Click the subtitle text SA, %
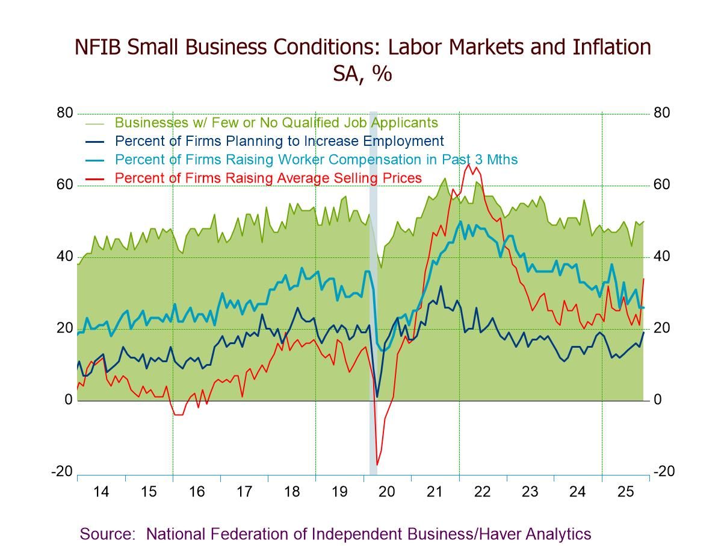pyautogui.click(x=362, y=74)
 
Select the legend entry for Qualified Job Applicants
pyautogui.click(x=276, y=122)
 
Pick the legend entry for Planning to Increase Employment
pyautogui.click(x=279, y=141)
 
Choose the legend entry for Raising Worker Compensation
pyautogui.click(x=316, y=160)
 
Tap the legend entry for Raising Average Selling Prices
pyautogui.click(x=268, y=178)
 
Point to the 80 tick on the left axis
pyautogui.click(x=65, y=113)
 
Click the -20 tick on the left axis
pyautogui.click(x=63, y=471)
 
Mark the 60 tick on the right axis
pyautogui.click(x=661, y=185)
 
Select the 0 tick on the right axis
pyautogui.click(x=658, y=400)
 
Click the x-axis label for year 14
pyautogui.click(x=101, y=492)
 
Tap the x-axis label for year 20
pyautogui.click(x=387, y=492)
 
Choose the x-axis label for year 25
pyautogui.click(x=625, y=492)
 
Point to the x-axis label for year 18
pyautogui.click(x=292, y=492)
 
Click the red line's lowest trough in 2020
pyautogui.click(x=377, y=465)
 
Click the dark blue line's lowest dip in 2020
pyautogui.click(x=377, y=397)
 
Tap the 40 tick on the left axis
pyautogui.click(x=65, y=257)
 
